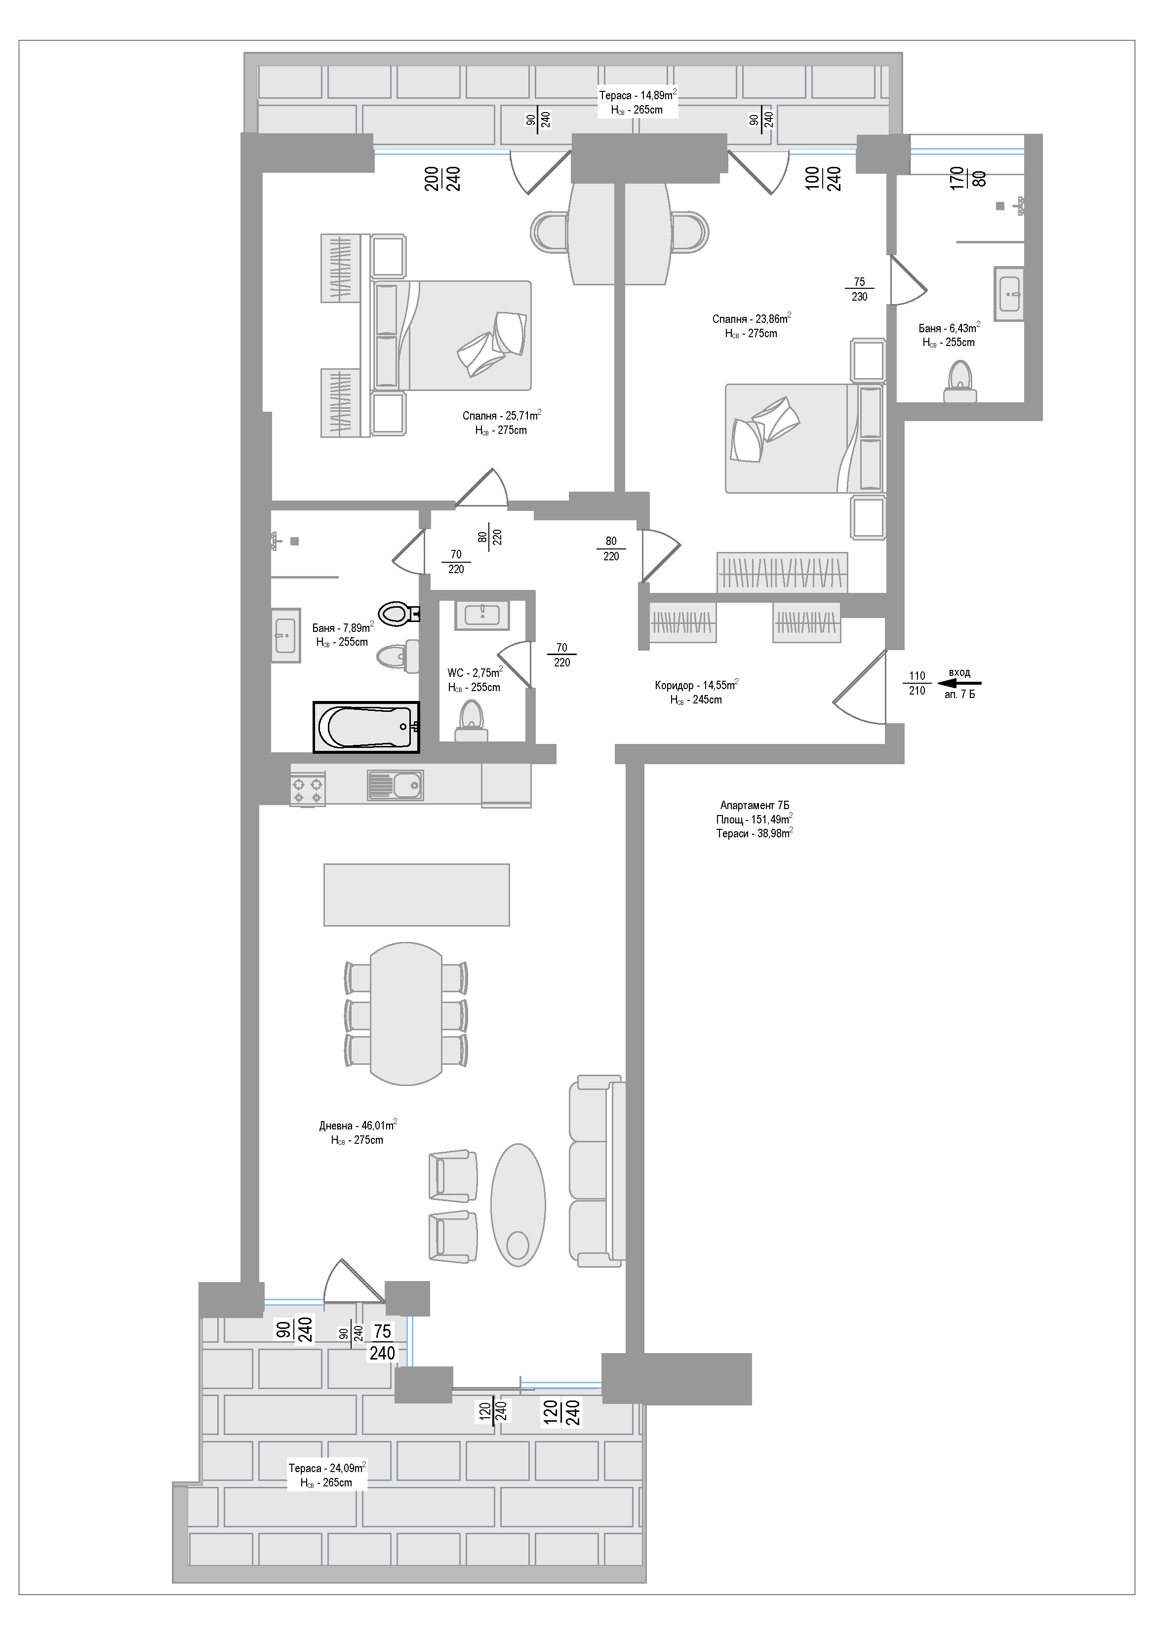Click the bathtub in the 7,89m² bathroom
(x=366, y=727)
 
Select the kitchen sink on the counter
(x=395, y=786)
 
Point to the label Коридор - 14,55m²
(x=696, y=685)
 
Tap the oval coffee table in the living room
(x=518, y=1205)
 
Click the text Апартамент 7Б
(x=755, y=805)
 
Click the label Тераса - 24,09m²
(x=327, y=1467)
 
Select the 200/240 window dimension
(x=442, y=179)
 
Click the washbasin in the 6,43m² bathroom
(x=1009, y=293)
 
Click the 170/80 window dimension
(x=968, y=177)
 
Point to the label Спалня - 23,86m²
(x=752, y=318)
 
